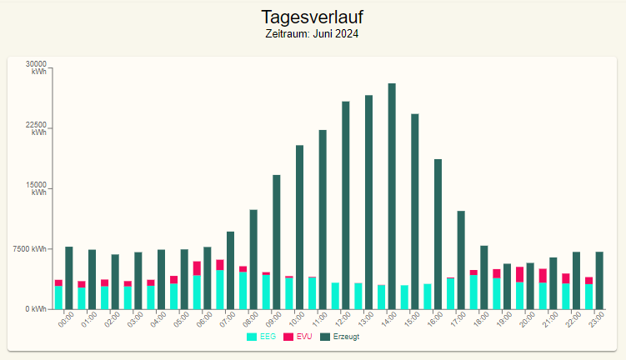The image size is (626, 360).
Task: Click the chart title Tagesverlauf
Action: click(313, 17)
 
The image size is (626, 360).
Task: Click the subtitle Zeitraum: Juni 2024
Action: click(313, 34)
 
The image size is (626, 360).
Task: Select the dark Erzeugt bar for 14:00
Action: click(392, 196)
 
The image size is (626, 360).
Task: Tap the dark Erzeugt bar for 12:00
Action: click(346, 205)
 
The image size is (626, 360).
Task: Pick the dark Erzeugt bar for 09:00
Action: click(277, 242)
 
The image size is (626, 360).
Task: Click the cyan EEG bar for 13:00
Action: click(358, 296)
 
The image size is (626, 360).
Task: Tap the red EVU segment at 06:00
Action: click(197, 268)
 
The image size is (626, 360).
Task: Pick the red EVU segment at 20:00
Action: click(519, 274)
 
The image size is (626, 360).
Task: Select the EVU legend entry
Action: click(298, 337)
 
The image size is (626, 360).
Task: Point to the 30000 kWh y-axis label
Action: click(37, 67)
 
